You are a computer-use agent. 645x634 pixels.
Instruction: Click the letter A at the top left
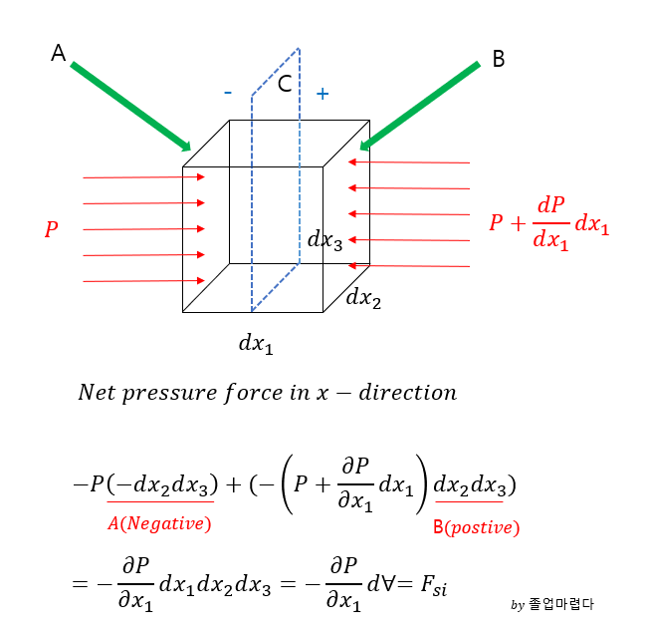59,54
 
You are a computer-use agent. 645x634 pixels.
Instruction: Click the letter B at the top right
499,60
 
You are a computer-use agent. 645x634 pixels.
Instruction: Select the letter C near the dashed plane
285,84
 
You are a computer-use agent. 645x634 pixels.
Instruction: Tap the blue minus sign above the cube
228,93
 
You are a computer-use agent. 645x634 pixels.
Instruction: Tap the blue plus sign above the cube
322,94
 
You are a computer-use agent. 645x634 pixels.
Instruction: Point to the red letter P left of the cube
51,230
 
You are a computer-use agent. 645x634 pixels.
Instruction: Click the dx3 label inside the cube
325,239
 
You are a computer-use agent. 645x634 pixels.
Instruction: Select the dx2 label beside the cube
363,297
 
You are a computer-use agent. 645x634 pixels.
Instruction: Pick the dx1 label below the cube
256,344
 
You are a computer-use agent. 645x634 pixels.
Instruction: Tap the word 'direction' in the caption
410,392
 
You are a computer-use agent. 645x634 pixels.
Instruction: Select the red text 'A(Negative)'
159,522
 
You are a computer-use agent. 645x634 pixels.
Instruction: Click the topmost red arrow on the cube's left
144,177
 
